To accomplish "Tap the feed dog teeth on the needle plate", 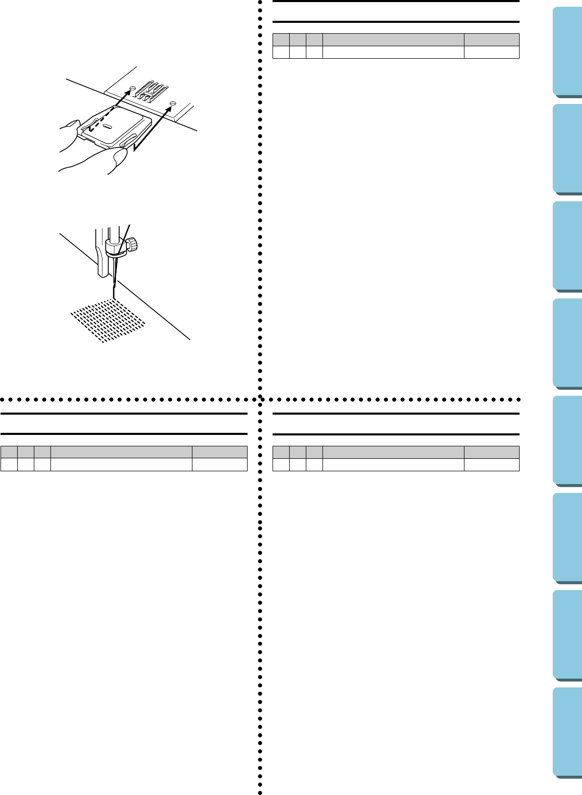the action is tap(153, 90).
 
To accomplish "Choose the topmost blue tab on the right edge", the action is tap(567, 51).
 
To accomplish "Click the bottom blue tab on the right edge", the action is tap(567, 733).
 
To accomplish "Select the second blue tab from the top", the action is tap(567, 149).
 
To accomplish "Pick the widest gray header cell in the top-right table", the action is tap(393, 39).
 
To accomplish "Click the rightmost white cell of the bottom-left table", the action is tap(219, 465).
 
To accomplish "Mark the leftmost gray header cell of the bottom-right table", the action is tap(281, 452).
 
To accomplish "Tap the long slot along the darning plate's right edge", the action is tap(127, 140).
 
